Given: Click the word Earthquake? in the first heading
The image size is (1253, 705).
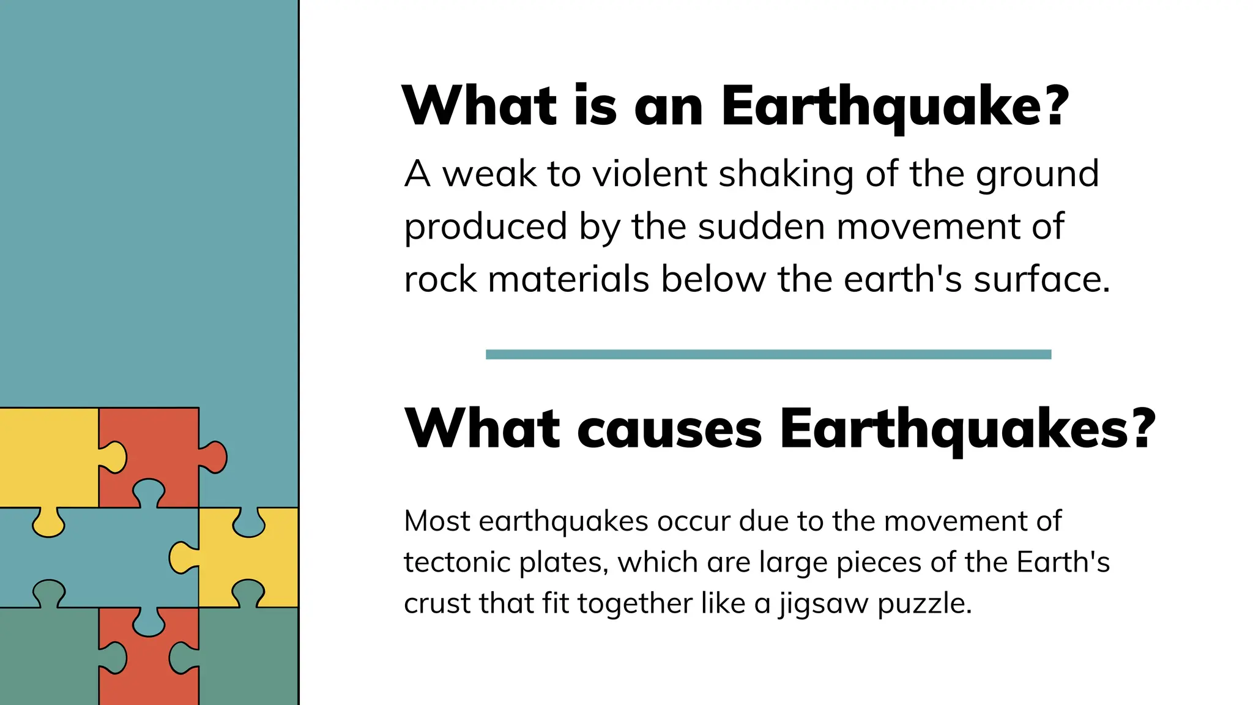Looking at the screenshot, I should pos(894,106).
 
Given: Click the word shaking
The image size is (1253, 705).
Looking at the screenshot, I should pos(786,175).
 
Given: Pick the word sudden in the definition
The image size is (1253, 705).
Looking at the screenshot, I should pos(761,227).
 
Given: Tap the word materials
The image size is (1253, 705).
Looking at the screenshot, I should pos(568,280).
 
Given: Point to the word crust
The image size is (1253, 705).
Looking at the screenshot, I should pos(436,603).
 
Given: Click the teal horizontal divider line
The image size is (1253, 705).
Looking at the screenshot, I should pos(768,354).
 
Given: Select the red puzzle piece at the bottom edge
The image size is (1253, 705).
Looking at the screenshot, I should pos(149,664).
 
